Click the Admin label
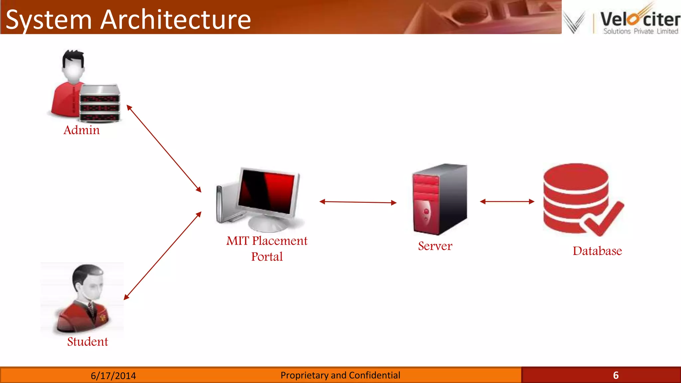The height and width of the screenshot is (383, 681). point(81,130)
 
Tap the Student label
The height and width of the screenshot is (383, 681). point(87,342)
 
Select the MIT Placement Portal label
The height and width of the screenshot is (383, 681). point(267,248)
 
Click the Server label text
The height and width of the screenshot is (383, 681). point(435,246)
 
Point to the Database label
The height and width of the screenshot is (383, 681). point(597,251)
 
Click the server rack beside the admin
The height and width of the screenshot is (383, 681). point(100,103)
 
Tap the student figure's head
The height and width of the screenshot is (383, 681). point(88,283)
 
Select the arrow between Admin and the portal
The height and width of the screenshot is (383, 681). point(164,149)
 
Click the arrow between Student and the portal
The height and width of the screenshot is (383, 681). point(163,256)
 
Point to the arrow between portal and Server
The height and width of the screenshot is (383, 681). point(358,202)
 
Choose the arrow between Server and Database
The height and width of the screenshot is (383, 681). point(507,201)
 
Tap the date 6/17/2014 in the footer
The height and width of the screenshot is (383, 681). point(113,376)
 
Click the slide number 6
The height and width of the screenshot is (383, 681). point(615,375)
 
